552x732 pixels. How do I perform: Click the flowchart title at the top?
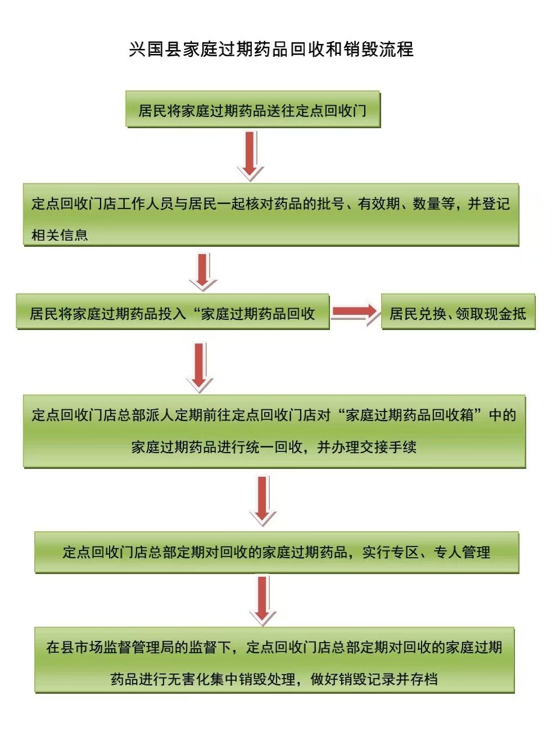(271, 49)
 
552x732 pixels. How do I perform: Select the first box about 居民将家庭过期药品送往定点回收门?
(253, 110)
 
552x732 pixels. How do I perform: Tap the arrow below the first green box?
(250, 155)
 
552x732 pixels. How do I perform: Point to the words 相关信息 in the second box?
(60, 235)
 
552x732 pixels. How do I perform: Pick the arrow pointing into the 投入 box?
(202, 271)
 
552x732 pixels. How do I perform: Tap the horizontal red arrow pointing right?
(355, 312)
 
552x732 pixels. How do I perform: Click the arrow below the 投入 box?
(200, 367)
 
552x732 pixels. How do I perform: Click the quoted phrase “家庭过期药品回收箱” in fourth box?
(410, 415)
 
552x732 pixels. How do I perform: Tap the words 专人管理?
(462, 552)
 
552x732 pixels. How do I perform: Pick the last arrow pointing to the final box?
(263, 600)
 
